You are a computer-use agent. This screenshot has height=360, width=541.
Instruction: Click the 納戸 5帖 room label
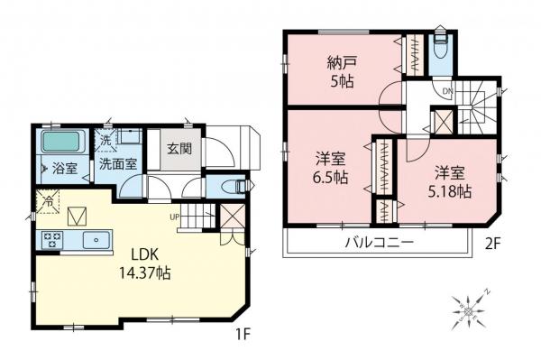[x=342, y=69]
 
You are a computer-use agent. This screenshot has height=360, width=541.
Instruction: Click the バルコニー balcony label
[x=377, y=244]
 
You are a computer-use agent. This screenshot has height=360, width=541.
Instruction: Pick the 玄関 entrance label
[x=174, y=149]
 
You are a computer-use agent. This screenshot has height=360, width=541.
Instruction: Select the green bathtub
[x=62, y=143]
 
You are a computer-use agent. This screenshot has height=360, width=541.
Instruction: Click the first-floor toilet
[x=231, y=187]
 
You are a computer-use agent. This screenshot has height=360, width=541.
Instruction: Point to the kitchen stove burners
[x=51, y=241]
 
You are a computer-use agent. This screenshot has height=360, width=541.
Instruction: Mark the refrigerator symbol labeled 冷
[x=44, y=203]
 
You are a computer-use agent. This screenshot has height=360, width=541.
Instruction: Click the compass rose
[x=471, y=309]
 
